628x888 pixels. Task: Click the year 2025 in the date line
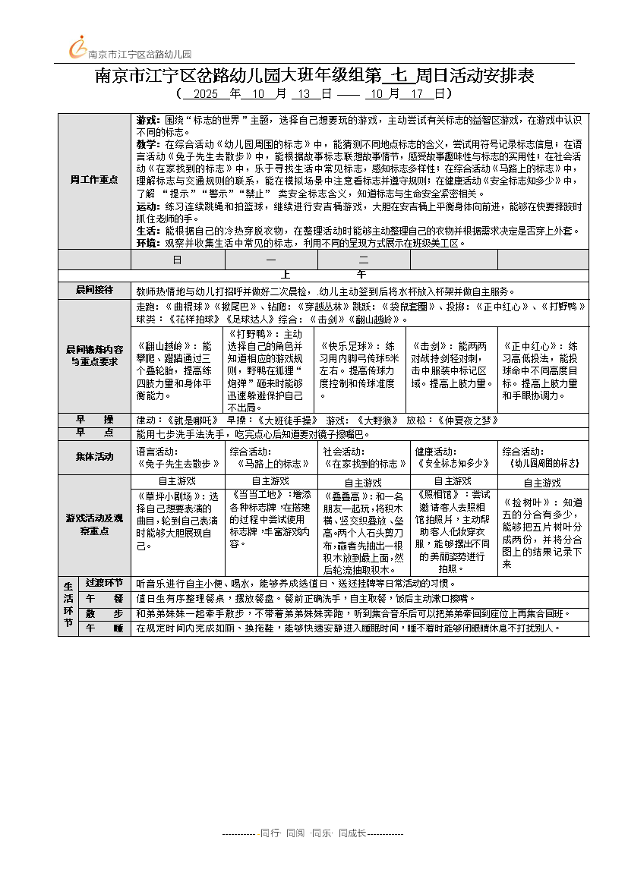[x=206, y=94]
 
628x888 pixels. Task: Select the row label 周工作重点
[x=94, y=180]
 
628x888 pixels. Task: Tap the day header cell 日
[x=177, y=260]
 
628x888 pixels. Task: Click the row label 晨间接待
[x=94, y=290]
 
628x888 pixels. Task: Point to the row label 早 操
[x=94, y=420]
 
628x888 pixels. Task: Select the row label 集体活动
[x=94, y=457]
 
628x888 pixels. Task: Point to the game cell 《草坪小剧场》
[x=178, y=521]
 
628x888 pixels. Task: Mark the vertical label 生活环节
[x=68, y=606]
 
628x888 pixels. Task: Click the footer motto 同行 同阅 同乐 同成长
[x=313, y=833]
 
